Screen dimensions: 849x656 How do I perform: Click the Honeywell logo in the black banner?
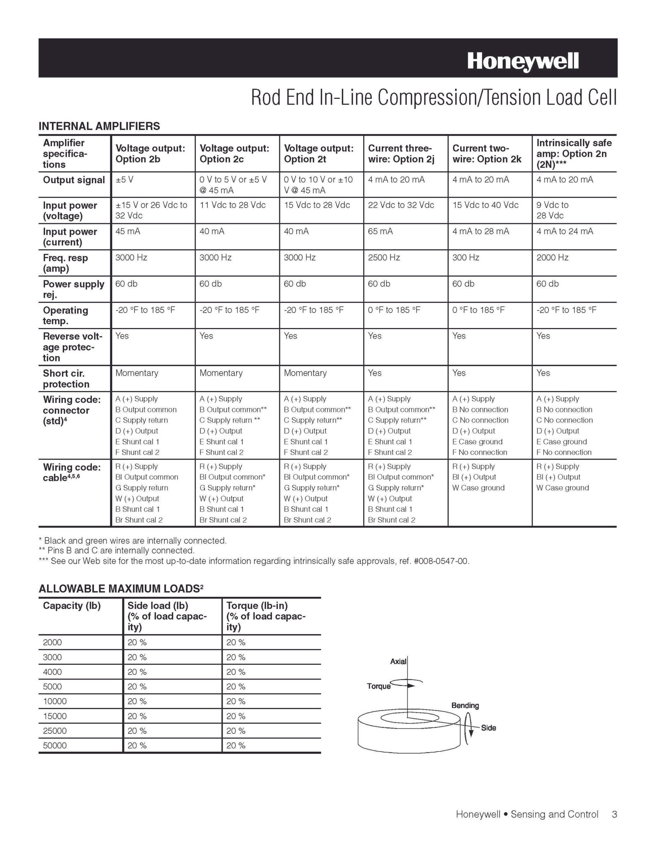(523, 61)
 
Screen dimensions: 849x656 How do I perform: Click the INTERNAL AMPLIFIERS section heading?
(99, 126)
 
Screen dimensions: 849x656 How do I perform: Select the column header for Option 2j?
(401, 154)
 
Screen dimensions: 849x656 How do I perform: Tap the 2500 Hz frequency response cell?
(384, 257)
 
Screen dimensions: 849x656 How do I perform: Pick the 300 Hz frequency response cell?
(466, 257)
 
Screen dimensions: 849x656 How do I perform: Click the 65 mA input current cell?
(380, 231)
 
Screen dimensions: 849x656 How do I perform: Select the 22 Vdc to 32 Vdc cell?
(401, 205)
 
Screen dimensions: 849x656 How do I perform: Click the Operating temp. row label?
(65, 315)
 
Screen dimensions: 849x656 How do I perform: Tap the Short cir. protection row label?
(66, 378)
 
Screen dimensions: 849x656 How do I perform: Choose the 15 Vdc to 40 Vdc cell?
(485, 205)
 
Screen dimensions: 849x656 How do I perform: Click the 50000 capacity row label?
(55, 746)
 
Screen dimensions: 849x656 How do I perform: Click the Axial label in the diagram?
(398, 661)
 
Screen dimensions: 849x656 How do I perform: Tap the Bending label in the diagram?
(465, 706)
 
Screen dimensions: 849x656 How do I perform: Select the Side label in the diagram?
(488, 728)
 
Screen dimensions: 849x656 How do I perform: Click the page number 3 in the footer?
(614, 815)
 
